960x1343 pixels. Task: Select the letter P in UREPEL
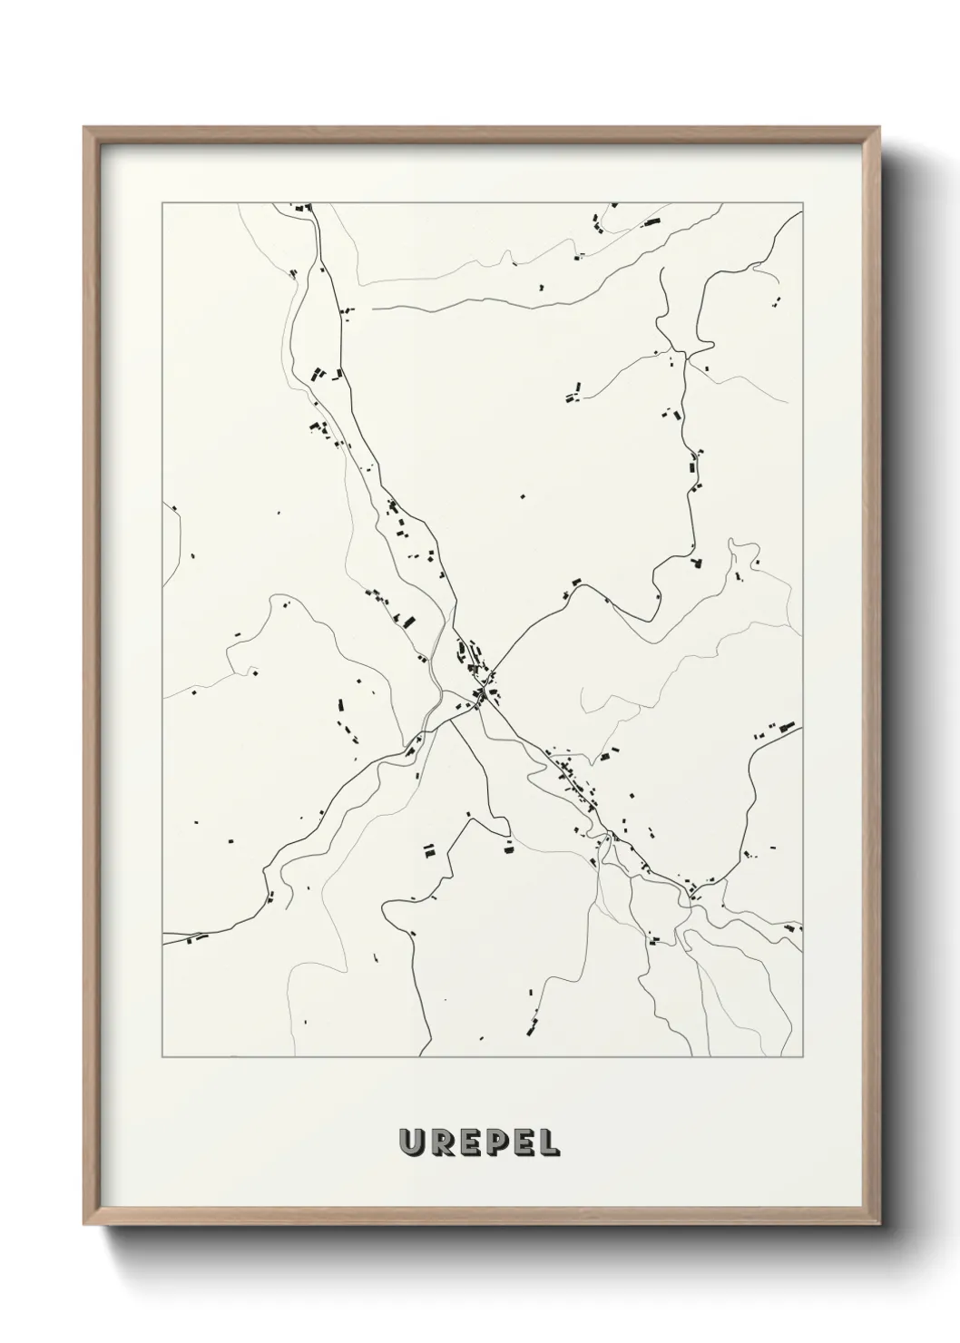tap(494, 1143)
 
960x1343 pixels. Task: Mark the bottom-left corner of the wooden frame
tap(85, 1228)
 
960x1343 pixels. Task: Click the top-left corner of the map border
tap(162, 203)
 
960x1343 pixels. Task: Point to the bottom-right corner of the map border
tap(803, 1057)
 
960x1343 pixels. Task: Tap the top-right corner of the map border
tap(803, 203)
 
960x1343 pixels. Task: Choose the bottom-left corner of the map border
tap(162, 1057)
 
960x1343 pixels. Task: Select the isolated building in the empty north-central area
tap(522, 496)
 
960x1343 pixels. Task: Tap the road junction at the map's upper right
tap(684, 352)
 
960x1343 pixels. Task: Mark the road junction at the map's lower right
tap(691, 897)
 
